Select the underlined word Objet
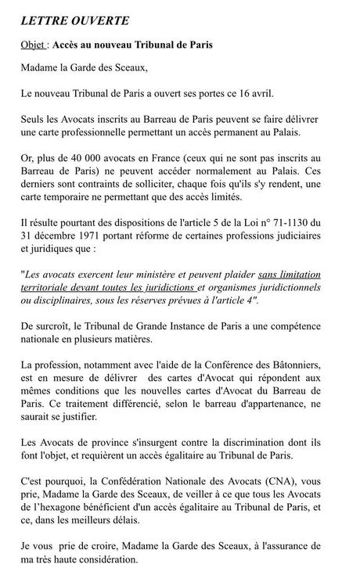tap(33, 45)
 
